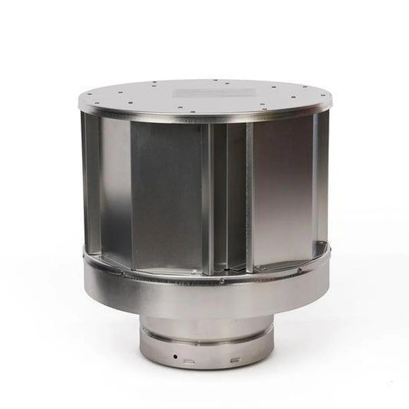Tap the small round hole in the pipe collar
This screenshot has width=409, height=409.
[x=174, y=356]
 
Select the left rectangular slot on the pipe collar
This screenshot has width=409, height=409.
[x=189, y=361]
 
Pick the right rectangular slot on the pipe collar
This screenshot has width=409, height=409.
[x=234, y=360]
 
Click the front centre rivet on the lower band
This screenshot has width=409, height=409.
[x=221, y=281]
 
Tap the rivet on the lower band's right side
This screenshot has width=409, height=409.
[x=299, y=271]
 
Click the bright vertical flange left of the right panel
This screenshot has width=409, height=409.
[x=249, y=199]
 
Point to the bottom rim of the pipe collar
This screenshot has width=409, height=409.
[x=206, y=366]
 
